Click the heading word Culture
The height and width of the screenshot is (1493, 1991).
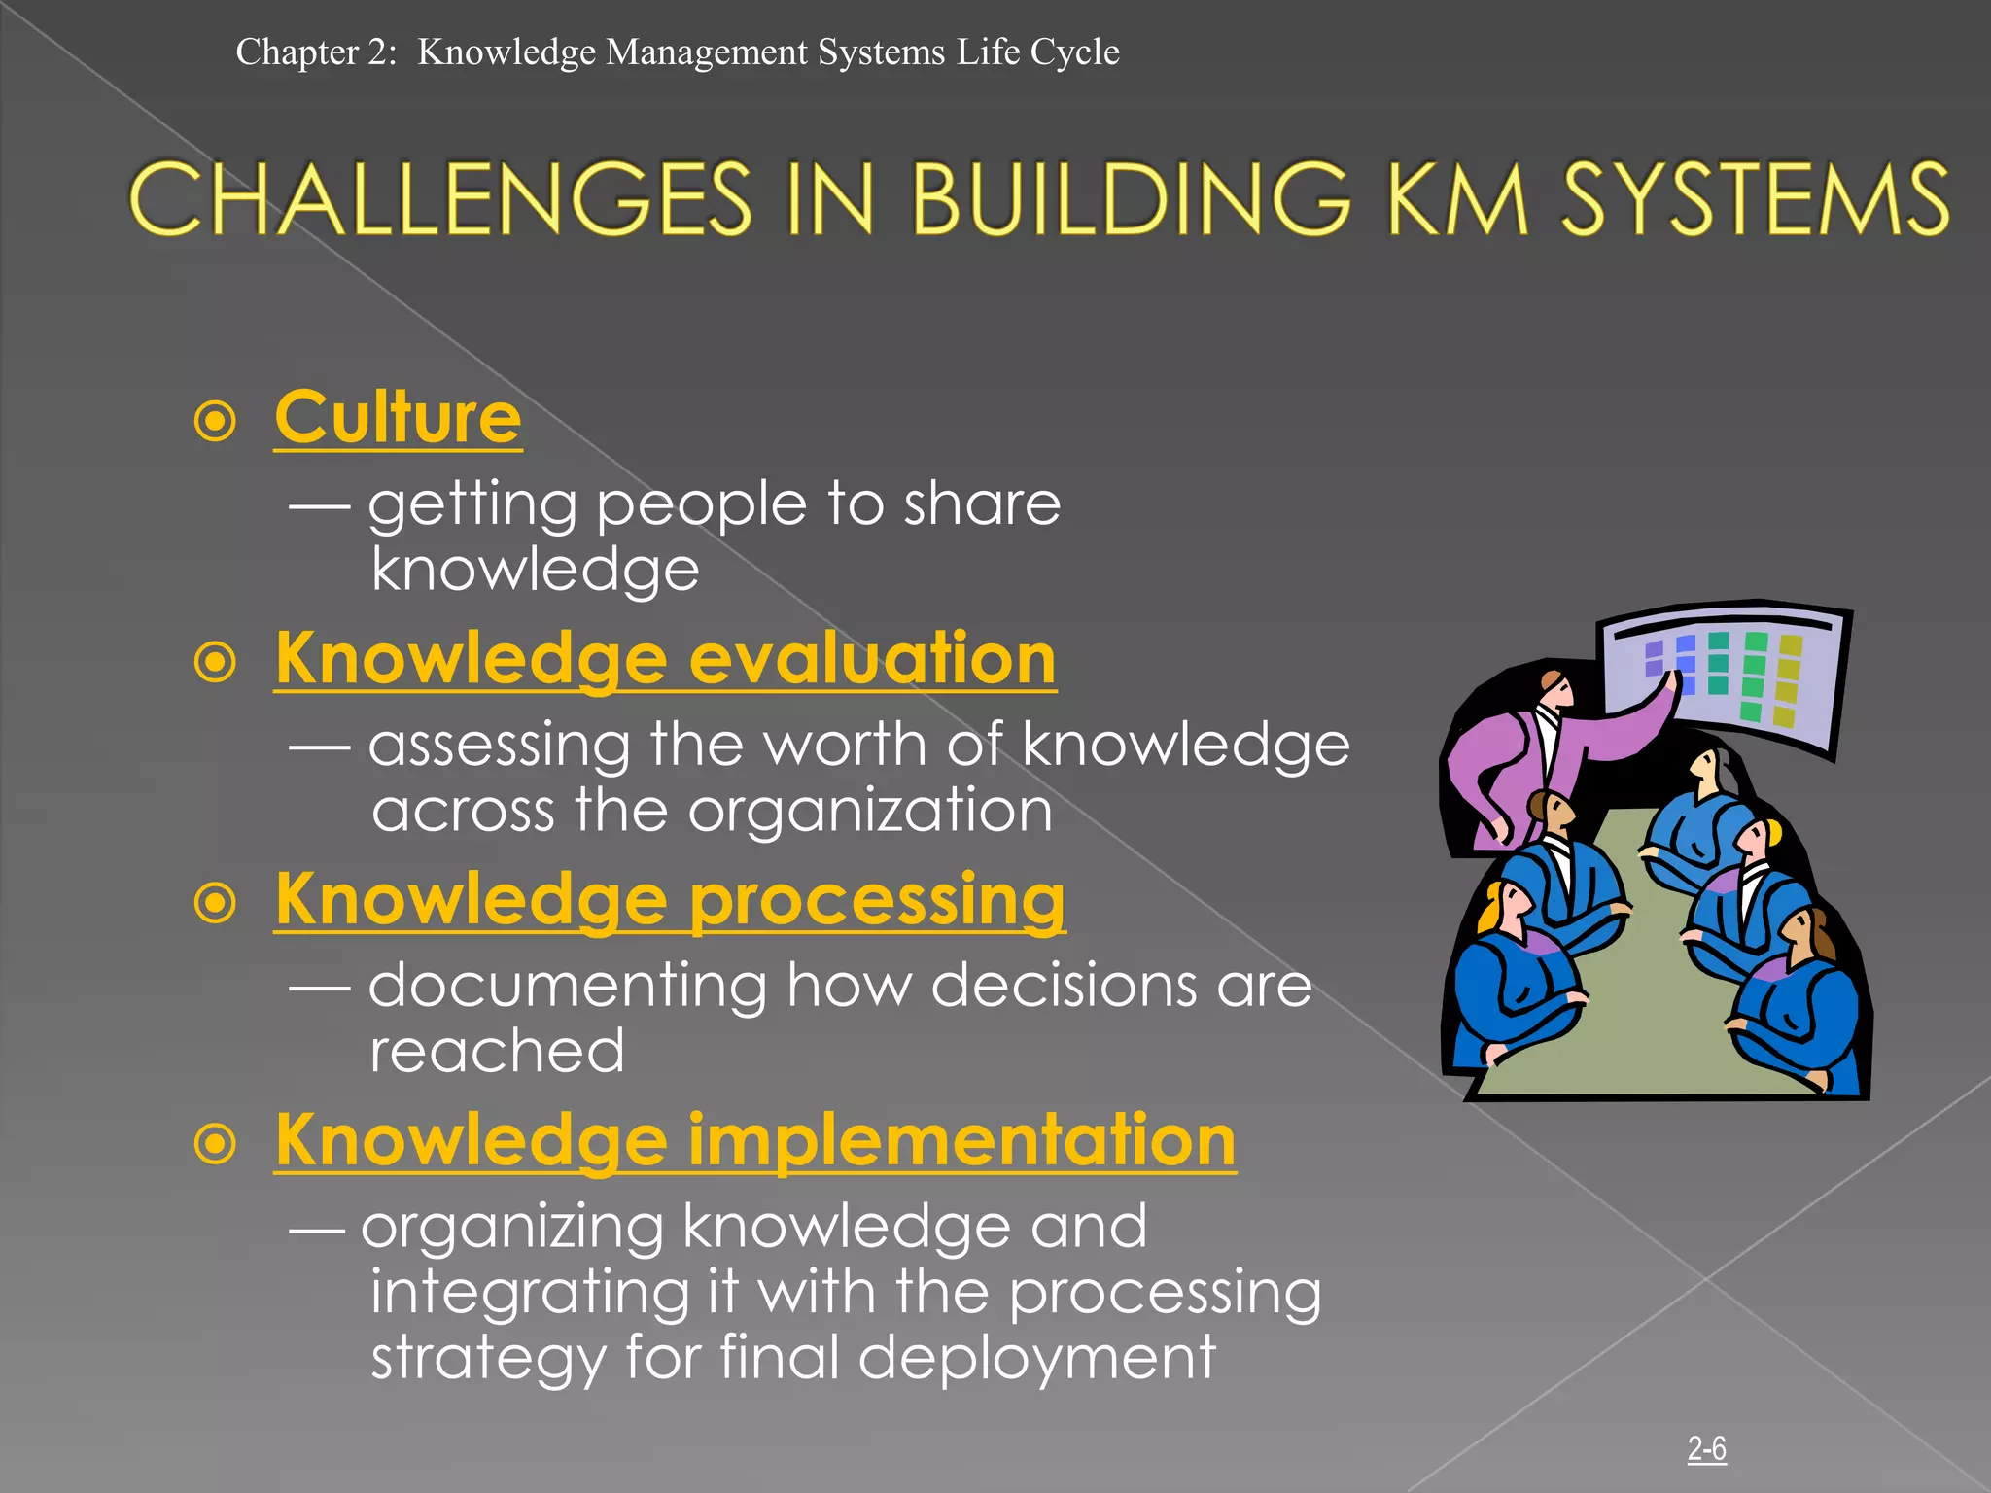click(398, 418)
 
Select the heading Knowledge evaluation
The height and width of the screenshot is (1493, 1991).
click(665, 659)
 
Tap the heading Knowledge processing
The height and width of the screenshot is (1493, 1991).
click(670, 900)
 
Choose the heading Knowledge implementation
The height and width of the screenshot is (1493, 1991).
click(754, 1141)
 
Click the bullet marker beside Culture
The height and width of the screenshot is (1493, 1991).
click(216, 422)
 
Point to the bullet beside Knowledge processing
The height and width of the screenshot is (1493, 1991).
click(216, 904)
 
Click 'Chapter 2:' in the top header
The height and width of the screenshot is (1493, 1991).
click(316, 52)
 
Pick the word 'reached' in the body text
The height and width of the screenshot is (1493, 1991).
click(497, 1052)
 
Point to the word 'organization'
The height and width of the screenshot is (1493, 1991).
click(870, 811)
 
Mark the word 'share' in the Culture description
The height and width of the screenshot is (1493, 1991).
click(982, 503)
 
